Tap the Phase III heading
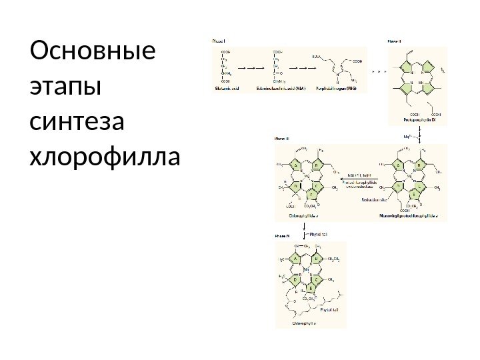coord(282,139)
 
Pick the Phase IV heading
coord(282,235)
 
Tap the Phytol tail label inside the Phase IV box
coord(331,309)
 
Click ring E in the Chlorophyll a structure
coord(311,288)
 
